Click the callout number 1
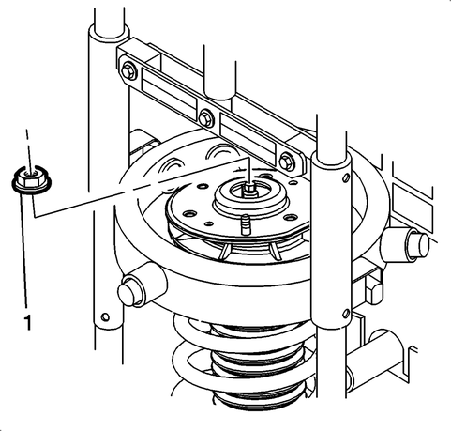click(28, 322)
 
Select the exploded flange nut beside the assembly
click(31, 181)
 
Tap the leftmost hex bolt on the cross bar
click(128, 71)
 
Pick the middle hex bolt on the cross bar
click(205, 118)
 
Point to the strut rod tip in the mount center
click(249, 190)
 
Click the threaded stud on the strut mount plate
click(246, 224)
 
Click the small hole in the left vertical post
click(105, 316)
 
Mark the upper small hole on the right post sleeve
click(346, 178)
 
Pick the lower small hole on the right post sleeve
click(346, 313)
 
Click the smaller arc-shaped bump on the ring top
click(174, 163)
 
